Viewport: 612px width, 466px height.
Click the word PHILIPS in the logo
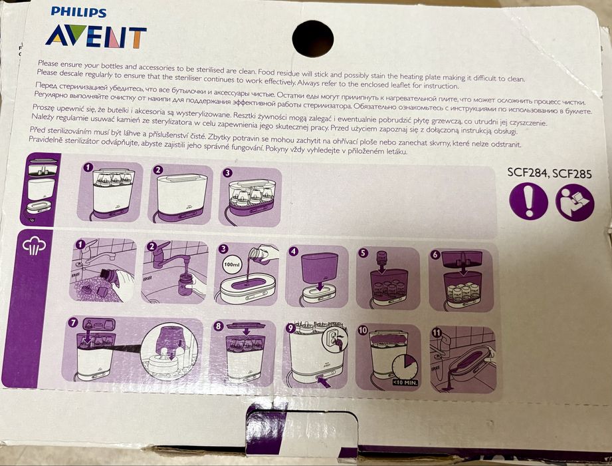click(79, 13)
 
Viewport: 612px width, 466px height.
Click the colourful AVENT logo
click(96, 37)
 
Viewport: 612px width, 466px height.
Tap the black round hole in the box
click(313, 37)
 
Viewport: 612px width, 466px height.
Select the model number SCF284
click(530, 172)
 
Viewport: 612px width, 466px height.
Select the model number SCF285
click(574, 172)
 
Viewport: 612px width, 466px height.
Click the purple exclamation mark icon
click(528, 202)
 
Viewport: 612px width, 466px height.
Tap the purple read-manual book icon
click(575, 202)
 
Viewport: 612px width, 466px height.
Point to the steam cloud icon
click(35, 247)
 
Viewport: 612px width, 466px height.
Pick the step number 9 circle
click(291, 327)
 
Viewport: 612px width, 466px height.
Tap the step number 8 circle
click(219, 326)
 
